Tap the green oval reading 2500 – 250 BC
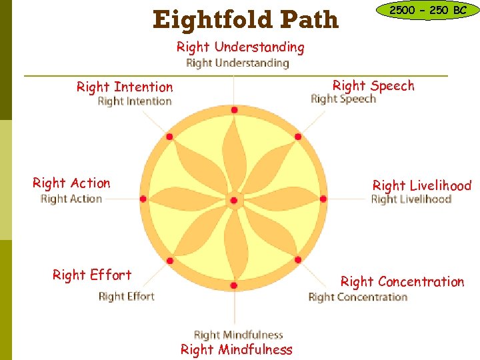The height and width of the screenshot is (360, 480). (427, 11)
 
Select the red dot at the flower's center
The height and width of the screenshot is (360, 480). (233, 200)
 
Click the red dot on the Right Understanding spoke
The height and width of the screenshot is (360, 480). (234, 111)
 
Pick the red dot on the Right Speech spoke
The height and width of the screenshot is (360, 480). (298, 137)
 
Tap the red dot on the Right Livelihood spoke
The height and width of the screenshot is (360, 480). (323, 199)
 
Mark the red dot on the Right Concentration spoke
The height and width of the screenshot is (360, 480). (298, 260)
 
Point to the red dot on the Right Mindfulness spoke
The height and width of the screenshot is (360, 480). (233, 285)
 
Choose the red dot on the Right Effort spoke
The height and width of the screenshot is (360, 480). (170, 261)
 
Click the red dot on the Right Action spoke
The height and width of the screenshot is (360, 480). (143, 199)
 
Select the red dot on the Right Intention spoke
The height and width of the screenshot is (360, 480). (169, 137)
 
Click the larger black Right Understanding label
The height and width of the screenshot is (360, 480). (240, 47)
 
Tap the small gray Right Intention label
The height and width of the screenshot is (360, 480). (135, 101)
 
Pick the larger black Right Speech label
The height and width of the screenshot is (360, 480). (373, 85)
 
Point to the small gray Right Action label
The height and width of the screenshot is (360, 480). (71, 199)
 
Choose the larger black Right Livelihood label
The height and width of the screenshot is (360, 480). (421, 186)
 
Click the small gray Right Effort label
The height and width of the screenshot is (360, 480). (126, 297)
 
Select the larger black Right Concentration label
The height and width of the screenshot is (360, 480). (402, 281)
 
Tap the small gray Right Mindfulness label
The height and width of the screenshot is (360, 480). (238, 335)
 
